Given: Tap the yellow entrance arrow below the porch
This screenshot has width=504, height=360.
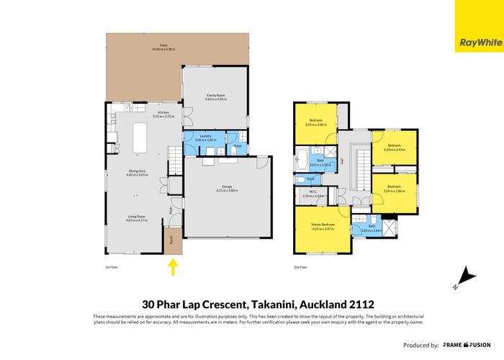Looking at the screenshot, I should pyautogui.click(x=173, y=268).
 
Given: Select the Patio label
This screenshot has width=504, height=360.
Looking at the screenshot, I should pyautogui.click(x=154, y=48).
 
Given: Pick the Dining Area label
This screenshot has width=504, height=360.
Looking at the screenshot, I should pyautogui.click(x=137, y=172).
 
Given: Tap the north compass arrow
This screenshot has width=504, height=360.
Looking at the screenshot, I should pyautogui.click(x=467, y=276).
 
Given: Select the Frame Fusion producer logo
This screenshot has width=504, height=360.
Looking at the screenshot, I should pyautogui.click(x=467, y=345).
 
